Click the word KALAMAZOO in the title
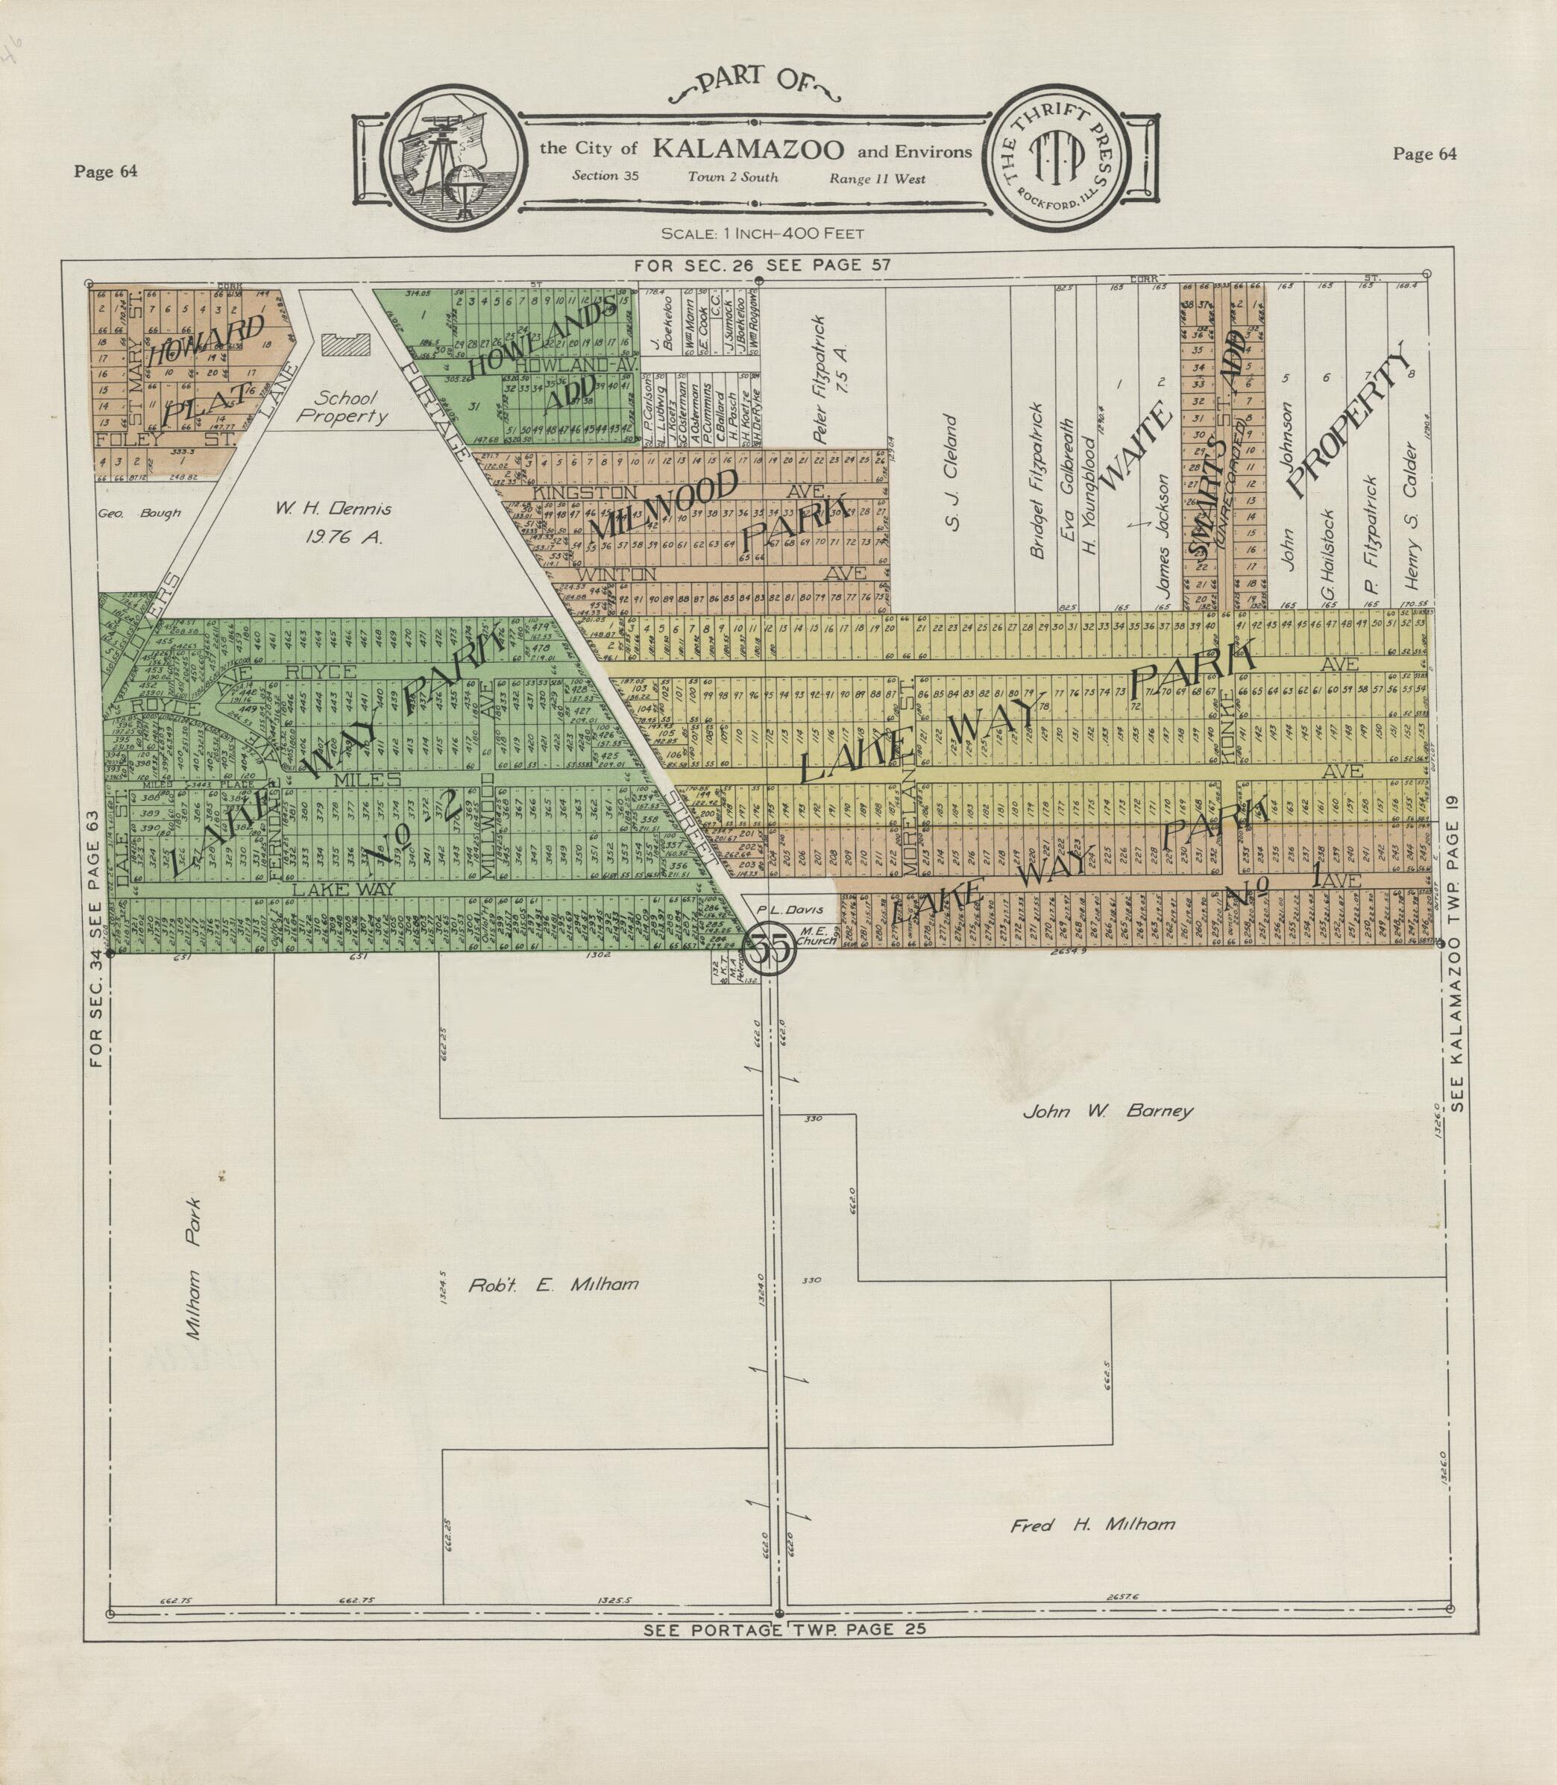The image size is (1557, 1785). [747, 149]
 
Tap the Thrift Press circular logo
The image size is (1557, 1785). [1056, 161]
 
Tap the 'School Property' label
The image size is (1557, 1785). [345, 407]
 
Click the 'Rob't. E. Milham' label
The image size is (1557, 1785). [553, 1285]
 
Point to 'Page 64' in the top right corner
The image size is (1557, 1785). [1424, 154]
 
